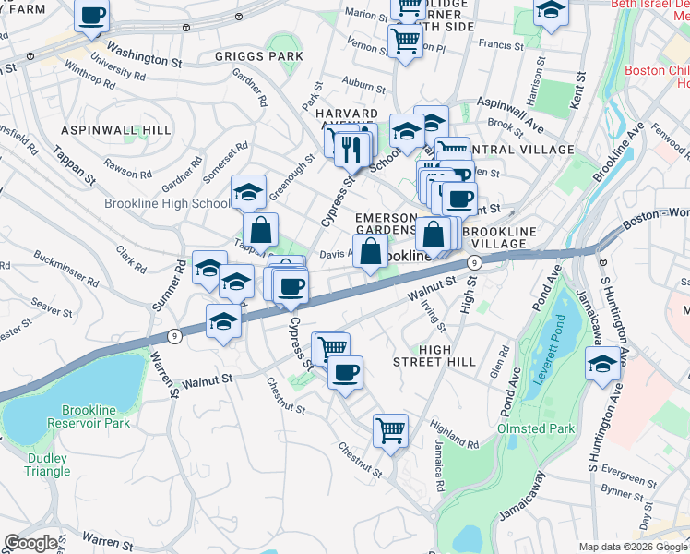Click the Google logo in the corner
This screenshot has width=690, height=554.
coord(30,543)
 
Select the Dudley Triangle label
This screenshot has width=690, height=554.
coord(47,464)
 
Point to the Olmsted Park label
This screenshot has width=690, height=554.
coord(536,428)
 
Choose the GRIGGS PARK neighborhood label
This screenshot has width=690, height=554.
coord(258,56)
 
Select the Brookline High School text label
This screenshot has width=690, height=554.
coord(167,203)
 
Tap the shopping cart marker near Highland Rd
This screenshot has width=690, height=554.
coord(390,430)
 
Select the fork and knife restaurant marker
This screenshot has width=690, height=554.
coord(351,148)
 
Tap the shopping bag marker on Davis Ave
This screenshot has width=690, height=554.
coord(370,251)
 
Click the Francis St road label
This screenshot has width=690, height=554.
coord(506,43)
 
